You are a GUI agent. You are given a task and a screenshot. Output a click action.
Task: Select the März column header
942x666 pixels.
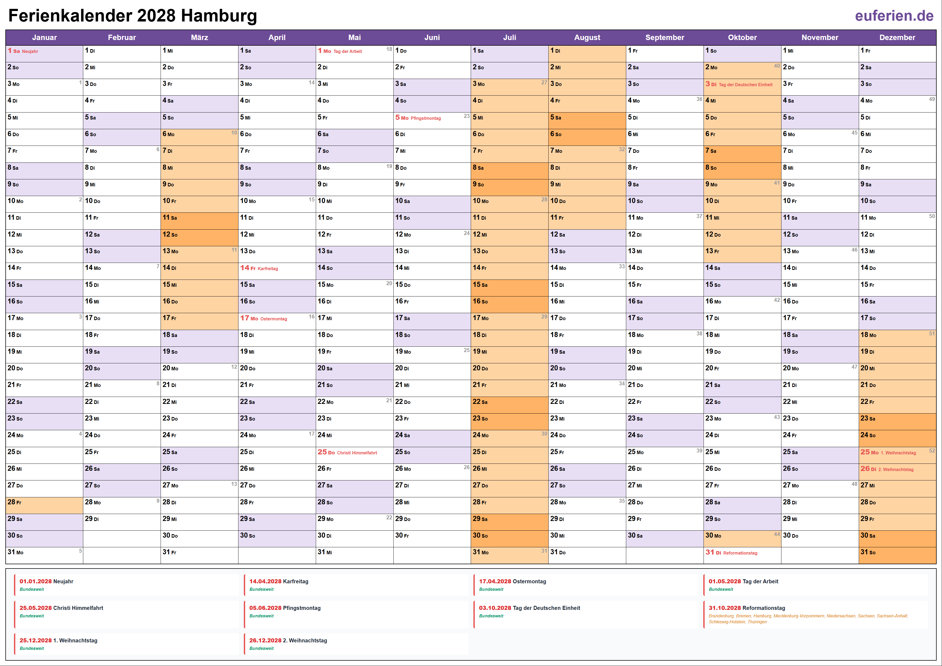pos(200,37)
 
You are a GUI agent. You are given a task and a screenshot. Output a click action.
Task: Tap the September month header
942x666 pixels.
pos(665,37)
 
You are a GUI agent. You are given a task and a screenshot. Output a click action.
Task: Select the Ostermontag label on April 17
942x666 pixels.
pos(274,319)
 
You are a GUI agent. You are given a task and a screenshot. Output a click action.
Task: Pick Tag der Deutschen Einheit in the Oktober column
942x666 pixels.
pos(745,85)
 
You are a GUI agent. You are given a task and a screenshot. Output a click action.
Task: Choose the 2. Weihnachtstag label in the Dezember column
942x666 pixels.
pos(898,469)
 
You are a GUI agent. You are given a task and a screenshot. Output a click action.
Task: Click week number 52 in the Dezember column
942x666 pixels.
pos(932,451)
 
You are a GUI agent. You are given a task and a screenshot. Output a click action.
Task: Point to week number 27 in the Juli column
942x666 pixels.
pos(544,82)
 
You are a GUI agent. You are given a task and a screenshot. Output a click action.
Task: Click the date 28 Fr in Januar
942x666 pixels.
pos(14,502)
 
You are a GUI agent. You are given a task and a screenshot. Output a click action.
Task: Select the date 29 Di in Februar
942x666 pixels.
pos(92,519)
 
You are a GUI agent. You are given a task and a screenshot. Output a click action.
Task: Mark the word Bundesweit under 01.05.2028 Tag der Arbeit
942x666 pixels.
pos(720,589)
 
